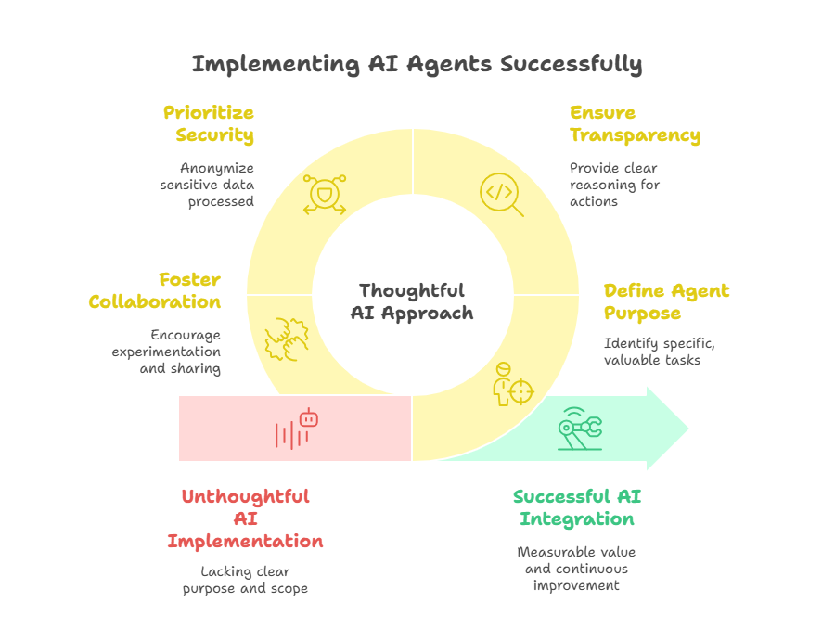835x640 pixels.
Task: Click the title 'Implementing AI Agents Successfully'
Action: pos(417,64)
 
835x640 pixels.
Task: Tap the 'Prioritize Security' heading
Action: pos(209,123)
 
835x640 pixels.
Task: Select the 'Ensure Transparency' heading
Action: pos(635,123)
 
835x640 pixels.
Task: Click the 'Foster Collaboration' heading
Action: pos(154,290)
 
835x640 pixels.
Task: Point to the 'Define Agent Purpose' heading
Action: pos(666,301)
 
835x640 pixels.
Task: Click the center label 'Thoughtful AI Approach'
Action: pos(412,301)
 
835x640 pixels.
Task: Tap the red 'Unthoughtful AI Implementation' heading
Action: pos(245,518)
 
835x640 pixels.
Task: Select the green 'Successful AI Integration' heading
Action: pos(577,507)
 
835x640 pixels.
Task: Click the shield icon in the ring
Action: pos(325,195)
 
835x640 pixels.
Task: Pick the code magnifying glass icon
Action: pos(501,195)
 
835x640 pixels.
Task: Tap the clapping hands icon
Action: pos(287,339)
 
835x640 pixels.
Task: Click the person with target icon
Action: pos(512,384)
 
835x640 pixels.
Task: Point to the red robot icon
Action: pos(297,429)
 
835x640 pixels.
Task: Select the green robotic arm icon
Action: pos(580,429)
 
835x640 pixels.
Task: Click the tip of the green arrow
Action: pos(688,429)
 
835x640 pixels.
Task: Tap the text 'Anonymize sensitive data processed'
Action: pos(207,185)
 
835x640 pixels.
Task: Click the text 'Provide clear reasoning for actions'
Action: pos(614,185)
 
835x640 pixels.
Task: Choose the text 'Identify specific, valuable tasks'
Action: pos(660,352)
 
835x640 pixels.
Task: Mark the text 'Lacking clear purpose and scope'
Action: pos(245,580)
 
